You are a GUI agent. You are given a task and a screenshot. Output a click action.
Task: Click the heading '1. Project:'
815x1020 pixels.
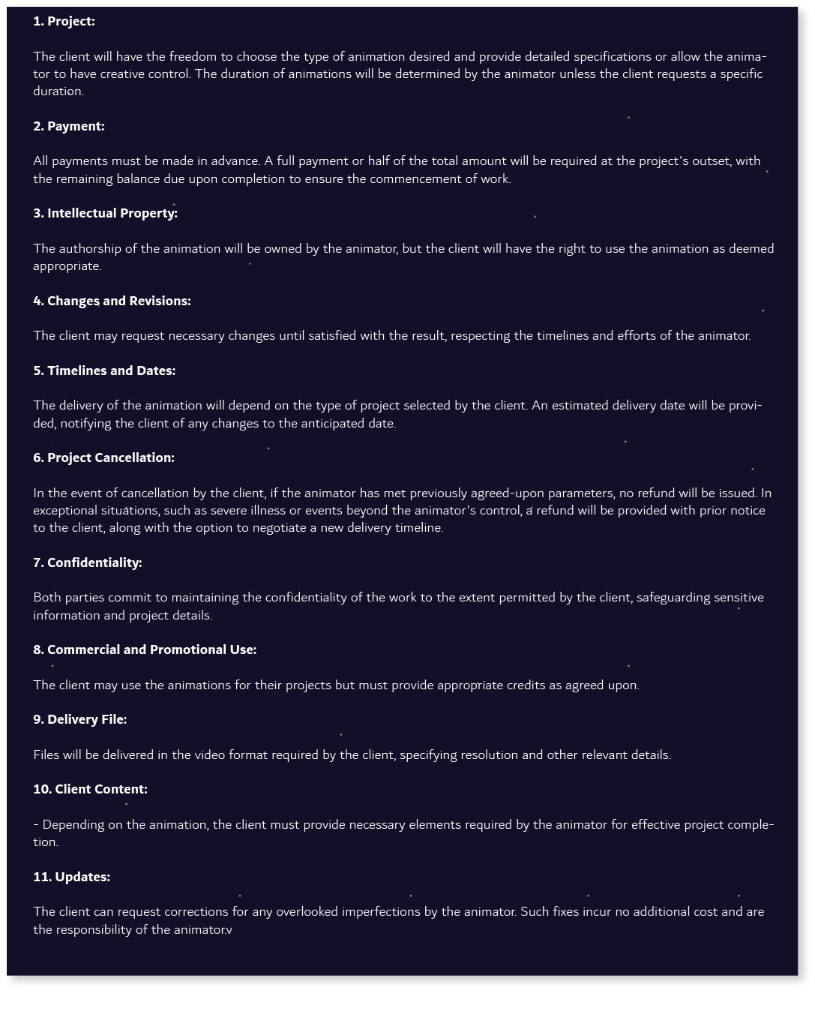[64, 21]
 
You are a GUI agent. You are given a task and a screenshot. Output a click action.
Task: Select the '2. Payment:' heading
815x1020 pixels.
[68, 126]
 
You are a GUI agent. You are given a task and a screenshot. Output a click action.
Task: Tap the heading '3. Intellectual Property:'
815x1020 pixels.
[105, 213]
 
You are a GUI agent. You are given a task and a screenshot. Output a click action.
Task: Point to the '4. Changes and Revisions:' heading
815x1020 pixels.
[112, 301]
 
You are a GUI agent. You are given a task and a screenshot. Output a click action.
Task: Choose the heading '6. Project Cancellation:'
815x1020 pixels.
[103, 457]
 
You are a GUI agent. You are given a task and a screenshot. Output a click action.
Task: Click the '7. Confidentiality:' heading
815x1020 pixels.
[87, 562]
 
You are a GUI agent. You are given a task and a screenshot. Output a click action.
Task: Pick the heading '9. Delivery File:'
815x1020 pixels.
[79, 719]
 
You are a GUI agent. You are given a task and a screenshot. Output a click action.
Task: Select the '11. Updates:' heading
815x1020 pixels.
[71, 877]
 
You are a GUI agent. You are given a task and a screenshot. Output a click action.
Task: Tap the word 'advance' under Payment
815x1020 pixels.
[234, 160]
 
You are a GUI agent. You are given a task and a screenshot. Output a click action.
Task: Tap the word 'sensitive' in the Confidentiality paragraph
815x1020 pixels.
[739, 597]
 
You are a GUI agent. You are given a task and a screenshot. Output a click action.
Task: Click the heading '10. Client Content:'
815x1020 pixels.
[90, 789]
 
